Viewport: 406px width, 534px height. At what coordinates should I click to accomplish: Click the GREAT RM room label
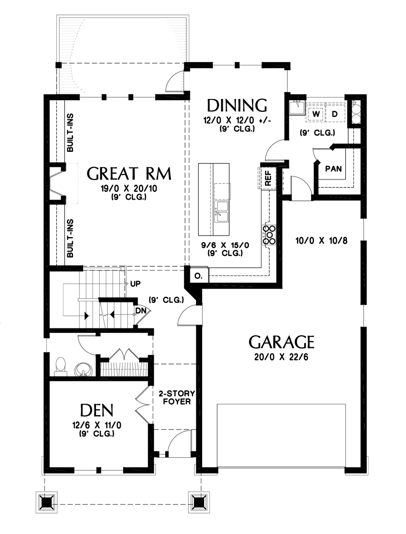point(129,174)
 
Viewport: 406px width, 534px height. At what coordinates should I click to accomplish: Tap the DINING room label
point(237,105)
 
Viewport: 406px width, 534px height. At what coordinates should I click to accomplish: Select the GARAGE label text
point(282,342)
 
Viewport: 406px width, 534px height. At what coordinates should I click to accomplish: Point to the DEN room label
point(97,410)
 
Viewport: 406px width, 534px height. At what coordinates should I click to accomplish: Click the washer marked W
point(316,114)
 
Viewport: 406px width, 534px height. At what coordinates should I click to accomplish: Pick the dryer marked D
point(335,114)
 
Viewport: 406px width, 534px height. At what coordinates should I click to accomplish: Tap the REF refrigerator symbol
point(268,178)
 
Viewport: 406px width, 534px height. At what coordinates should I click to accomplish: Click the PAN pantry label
point(333,168)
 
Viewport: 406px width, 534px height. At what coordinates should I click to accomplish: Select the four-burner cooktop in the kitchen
point(269,234)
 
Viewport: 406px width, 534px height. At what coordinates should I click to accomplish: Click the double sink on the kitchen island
point(221,212)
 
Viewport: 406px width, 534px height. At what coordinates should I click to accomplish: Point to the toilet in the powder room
point(60,366)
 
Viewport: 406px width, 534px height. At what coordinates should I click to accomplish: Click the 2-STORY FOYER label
point(176,397)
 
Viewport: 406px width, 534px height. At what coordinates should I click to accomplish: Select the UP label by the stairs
point(135,284)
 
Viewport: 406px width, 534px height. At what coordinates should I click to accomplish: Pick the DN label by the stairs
point(140,310)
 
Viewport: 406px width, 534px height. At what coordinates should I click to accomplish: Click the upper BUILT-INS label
point(70,133)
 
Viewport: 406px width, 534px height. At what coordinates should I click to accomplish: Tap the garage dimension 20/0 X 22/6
point(281,357)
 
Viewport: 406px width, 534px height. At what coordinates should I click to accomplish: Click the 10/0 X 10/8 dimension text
point(322,240)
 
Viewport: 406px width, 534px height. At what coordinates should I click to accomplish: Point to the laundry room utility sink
point(297,107)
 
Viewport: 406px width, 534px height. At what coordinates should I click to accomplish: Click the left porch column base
point(47,502)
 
